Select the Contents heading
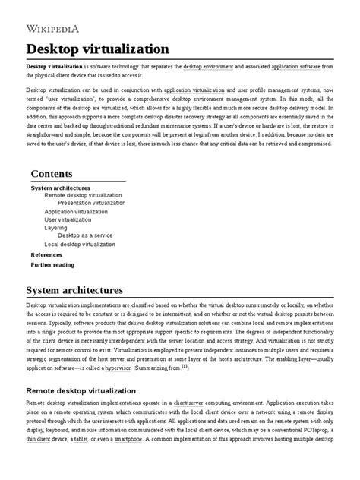[57, 174]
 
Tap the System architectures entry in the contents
[60, 188]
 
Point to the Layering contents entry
[55, 228]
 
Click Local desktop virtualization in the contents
[80, 245]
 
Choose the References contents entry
[46, 255]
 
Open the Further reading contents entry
[52, 265]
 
